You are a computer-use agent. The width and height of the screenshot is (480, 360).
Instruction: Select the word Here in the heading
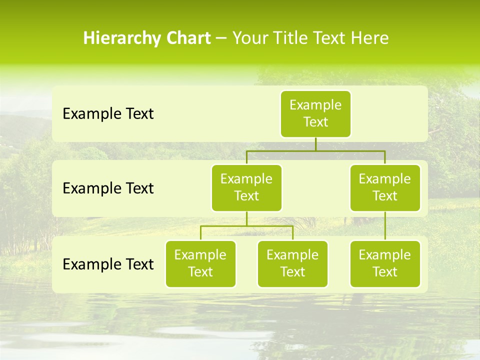click(369, 38)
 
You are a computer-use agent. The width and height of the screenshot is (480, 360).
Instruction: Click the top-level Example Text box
click(315, 114)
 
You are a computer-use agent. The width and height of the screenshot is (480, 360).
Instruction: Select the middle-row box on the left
click(246, 187)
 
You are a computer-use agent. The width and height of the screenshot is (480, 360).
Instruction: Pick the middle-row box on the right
click(385, 187)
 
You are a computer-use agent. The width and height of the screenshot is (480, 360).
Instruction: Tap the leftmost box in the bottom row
click(200, 263)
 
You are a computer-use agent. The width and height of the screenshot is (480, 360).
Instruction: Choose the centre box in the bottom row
click(292, 263)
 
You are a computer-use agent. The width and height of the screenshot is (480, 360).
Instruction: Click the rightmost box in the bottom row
click(385, 263)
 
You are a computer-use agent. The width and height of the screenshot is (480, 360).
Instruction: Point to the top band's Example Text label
click(108, 114)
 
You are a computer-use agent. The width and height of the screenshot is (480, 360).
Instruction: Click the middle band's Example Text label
click(108, 188)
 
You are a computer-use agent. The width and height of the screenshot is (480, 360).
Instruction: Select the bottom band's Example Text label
click(108, 264)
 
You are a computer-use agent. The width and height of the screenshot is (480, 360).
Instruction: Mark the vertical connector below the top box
click(315, 144)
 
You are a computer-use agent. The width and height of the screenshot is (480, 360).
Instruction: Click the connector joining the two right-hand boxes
click(385, 226)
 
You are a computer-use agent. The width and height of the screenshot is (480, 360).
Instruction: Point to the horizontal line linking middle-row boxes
click(315, 150)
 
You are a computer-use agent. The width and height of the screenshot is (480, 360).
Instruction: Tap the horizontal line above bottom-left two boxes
click(246, 226)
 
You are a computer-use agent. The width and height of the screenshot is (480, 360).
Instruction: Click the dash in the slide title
click(221, 38)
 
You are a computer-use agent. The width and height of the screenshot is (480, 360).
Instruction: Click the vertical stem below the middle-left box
click(246, 219)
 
